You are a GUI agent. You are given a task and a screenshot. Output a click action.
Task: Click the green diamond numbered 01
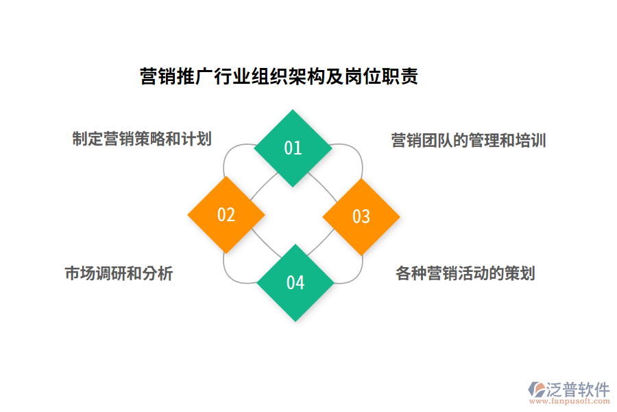(x=293, y=148)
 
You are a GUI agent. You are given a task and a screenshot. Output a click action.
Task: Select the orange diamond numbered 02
(x=226, y=215)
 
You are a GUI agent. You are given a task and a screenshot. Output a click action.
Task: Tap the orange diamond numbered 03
(x=361, y=216)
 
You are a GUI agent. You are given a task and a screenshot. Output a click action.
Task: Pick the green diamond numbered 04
(x=295, y=282)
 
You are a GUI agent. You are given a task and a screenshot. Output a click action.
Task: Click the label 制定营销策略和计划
(x=142, y=139)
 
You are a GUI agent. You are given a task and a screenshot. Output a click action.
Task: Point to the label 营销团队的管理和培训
(x=468, y=141)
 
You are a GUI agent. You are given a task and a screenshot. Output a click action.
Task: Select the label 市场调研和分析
(x=119, y=273)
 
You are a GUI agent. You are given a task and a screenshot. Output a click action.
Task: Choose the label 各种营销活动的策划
(x=465, y=273)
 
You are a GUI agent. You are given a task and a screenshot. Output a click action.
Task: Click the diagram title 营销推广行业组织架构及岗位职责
(x=279, y=76)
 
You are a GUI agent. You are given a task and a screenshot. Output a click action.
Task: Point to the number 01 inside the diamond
(x=293, y=148)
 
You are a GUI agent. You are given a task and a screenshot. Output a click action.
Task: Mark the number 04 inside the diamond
(x=295, y=282)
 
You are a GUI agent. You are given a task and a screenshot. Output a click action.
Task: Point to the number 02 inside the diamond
(x=226, y=215)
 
